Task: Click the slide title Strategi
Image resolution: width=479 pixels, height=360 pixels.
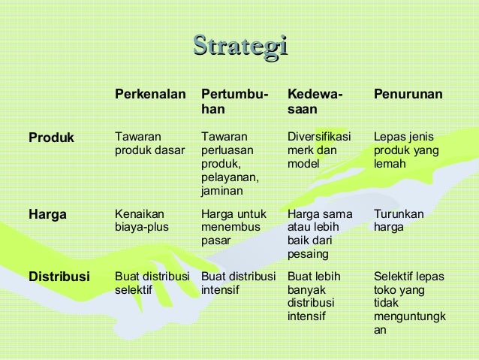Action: pos(240,45)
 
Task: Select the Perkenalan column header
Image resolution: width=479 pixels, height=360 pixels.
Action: pos(149,95)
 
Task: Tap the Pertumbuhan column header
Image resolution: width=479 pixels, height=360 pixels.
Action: pos(234,102)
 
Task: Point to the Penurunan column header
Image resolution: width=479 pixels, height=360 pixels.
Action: pos(408,95)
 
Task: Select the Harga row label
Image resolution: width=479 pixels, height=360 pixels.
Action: pos(47,214)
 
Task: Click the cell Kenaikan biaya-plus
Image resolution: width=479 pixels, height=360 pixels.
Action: pos(143,220)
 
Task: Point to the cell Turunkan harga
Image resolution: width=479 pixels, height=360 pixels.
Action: pos(398,220)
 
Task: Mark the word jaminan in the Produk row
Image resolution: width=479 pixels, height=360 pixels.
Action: pos(221,192)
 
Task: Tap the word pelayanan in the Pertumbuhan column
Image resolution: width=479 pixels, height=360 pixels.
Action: pos(228,177)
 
